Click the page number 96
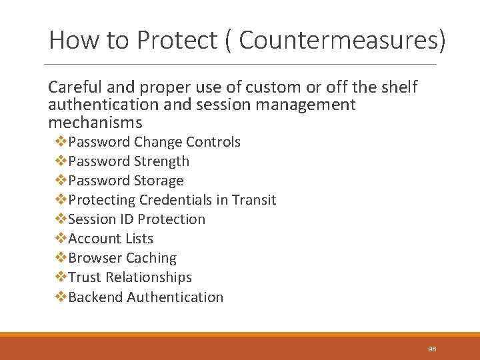tap(432, 349)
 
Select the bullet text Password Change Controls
tap(154, 142)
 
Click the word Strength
tap(161, 161)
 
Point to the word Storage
tap(159, 181)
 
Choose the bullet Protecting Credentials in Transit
tap(172, 200)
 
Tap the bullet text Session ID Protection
tap(137, 219)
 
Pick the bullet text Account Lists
tap(111, 239)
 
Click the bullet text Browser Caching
tap(122, 258)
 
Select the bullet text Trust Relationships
tap(130, 277)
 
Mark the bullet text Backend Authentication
tap(145, 297)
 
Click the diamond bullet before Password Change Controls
tap(61, 142)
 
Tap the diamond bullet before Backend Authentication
tap(61, 297)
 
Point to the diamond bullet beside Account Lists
tap(61, 239)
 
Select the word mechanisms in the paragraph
tap(95, 123)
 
